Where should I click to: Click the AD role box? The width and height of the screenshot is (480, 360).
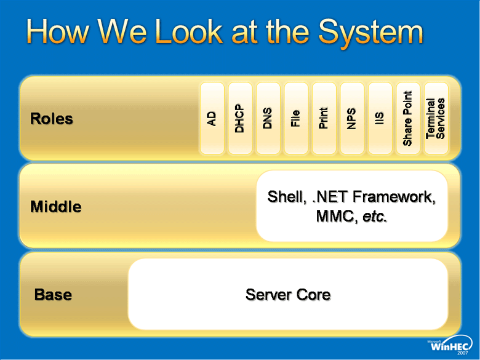212,118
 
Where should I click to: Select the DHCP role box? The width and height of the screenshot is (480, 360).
240,118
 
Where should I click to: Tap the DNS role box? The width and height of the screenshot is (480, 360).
268,118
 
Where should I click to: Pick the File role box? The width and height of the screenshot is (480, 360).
296,118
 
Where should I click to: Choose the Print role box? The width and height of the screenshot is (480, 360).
324,118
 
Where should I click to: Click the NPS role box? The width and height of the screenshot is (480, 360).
352,118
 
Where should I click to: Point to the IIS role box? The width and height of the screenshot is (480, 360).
380,118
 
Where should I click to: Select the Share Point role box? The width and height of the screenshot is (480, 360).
408,118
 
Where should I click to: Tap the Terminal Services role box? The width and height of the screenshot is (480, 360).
436,118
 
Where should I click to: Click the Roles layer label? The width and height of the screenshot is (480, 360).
52,119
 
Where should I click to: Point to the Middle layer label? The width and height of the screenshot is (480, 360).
56,207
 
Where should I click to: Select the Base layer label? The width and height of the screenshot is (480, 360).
54,295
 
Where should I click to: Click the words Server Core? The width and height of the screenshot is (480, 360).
288,295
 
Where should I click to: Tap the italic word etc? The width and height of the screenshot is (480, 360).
375,217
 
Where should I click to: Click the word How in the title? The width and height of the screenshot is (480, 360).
58,31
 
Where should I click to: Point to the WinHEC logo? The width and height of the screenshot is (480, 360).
450,346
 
